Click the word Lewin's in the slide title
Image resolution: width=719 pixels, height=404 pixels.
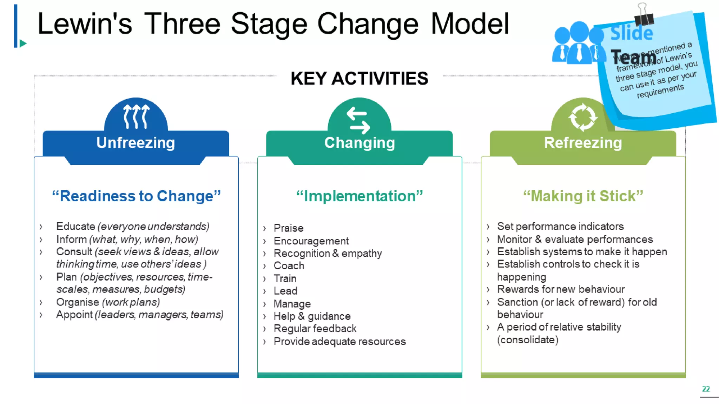coord(85,24)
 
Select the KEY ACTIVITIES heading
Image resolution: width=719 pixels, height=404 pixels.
coord(359,78)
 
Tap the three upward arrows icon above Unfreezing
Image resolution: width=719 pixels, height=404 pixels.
coord(136,117)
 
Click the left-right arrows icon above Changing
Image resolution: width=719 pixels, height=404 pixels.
coord(358,120)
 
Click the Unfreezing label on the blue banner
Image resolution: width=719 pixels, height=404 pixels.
coord(136,143)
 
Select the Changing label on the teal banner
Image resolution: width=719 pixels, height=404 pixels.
coord(359,143)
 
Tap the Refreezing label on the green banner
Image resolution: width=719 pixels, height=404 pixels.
coord(583,143)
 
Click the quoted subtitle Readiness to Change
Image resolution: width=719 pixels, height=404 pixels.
coord(136,196)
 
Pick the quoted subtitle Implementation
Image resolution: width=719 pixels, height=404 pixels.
coord(359,196)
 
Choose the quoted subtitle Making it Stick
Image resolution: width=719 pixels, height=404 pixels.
coord(583,196)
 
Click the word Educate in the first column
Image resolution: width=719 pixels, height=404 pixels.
coord(75,227)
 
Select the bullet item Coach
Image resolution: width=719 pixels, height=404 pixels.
coord(289,266)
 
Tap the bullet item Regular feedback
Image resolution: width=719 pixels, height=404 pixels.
coord(315,329)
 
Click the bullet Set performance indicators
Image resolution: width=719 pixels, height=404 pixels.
coord(560,227)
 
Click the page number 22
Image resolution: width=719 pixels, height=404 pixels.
coord(706,389)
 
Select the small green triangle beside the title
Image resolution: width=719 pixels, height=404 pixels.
coord(23,43)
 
